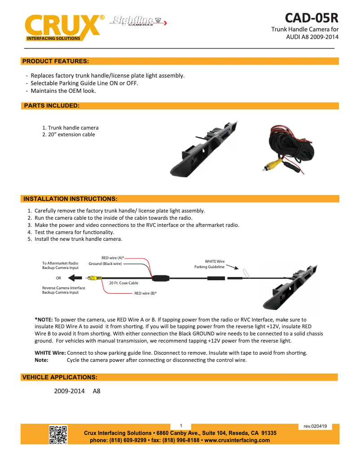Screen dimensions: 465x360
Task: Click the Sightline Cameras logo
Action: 137,21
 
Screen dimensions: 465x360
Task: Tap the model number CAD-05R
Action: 311,18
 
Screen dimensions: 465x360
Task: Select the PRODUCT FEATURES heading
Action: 56,61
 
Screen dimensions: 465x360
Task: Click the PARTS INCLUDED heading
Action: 51,106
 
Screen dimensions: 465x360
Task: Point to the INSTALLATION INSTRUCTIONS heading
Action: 70,199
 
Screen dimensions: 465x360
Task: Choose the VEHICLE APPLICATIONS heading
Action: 60,377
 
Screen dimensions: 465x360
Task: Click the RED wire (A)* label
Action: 112,258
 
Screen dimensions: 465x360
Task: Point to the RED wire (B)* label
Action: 145,293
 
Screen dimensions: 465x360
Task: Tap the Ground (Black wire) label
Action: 105,264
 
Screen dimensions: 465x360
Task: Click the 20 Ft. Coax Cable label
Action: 123,283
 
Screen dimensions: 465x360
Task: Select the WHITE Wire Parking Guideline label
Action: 210,264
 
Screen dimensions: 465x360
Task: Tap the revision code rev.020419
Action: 315,426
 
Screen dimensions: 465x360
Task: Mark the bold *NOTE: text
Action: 44,319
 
